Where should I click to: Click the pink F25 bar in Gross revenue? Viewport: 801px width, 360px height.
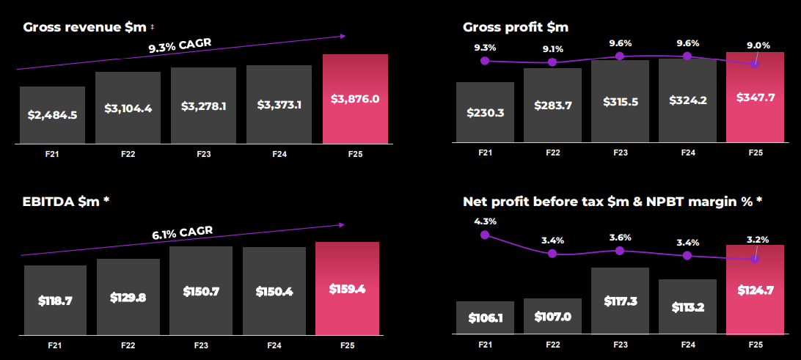click(x=355, y=98)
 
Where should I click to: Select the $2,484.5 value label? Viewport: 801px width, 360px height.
click(x=52, y=115)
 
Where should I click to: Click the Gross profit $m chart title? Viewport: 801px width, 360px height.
click(x=516, y=27)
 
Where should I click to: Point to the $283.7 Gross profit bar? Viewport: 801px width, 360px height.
click(x=552, y=105)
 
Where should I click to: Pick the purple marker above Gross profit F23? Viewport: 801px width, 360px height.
click(x=620, y=56)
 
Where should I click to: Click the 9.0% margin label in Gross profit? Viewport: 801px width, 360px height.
click(x=758, y=45)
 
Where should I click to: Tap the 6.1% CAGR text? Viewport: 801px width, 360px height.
click(x=182, y=234)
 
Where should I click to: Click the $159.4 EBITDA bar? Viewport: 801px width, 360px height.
click(x=347, y=288)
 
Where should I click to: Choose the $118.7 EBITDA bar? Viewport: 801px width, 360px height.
click(x=55, y=300)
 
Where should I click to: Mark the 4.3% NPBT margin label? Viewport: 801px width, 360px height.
click(x=485, y=221)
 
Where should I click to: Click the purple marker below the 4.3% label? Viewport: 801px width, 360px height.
click(x=485, y=235)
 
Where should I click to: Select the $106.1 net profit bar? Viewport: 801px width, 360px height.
click(x=485, y=318)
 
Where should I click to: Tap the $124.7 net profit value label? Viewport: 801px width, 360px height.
click(x=756, y=289)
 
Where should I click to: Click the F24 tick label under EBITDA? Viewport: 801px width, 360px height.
click(x=273, y=344)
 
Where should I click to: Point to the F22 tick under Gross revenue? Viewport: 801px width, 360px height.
click(x=128, y=154)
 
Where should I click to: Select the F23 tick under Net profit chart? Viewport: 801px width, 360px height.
click(x=620, y=344)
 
